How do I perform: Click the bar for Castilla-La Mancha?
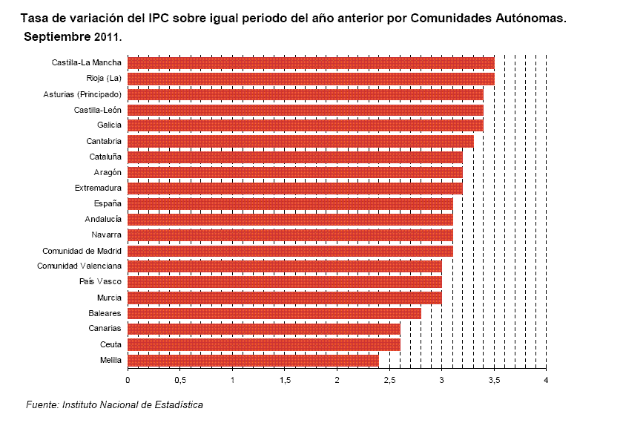pos(311,62)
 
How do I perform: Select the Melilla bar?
pos(253,361)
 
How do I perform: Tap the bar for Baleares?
pos(274,314)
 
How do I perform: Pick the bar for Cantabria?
pos(300,141)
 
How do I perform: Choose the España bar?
pos(290,203)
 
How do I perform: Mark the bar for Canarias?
pos(263,329)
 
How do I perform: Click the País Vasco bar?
pos(285,282)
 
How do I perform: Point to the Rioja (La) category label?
pos(104,78)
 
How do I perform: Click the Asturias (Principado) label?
pos(82,94)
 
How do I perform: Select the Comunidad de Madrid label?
pos(82,250)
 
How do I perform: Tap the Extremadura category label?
pos(98,188)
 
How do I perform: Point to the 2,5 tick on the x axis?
pos(389,381)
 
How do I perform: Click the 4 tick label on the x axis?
pos(546,381)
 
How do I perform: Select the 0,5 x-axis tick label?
pos(179,381)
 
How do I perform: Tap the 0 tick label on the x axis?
pos(128,381)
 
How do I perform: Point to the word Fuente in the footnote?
pos(42,405)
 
